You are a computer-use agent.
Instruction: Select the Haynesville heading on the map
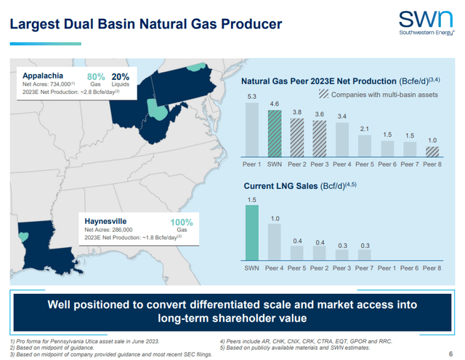click(x=108, y=219)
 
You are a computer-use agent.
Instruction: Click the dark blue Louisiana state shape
click(x=36, y=248)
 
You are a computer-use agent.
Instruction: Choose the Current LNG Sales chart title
click(x=297, y=187)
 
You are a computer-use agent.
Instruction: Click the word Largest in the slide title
click(x=33, y=24)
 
